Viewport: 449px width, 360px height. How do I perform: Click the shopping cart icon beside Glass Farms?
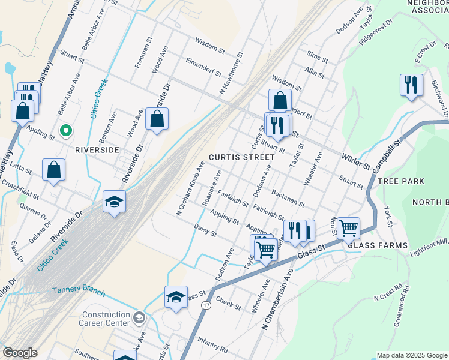tap(348, 228)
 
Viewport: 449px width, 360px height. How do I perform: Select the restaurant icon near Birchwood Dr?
tap(411, 85)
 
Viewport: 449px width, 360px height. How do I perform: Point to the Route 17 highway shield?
tap(206, 305)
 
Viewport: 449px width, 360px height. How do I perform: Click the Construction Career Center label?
tap(106, 319)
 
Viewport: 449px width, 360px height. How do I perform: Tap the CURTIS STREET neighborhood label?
tap(241, 157)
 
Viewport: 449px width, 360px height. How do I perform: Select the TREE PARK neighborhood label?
tap(403, 181)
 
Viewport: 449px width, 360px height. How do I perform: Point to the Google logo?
tap(20, 353)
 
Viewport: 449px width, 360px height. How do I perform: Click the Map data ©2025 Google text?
tap(411, 355)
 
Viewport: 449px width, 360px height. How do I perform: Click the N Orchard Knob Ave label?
tap(187, 188)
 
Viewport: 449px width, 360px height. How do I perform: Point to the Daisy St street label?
tap(205, 230)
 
